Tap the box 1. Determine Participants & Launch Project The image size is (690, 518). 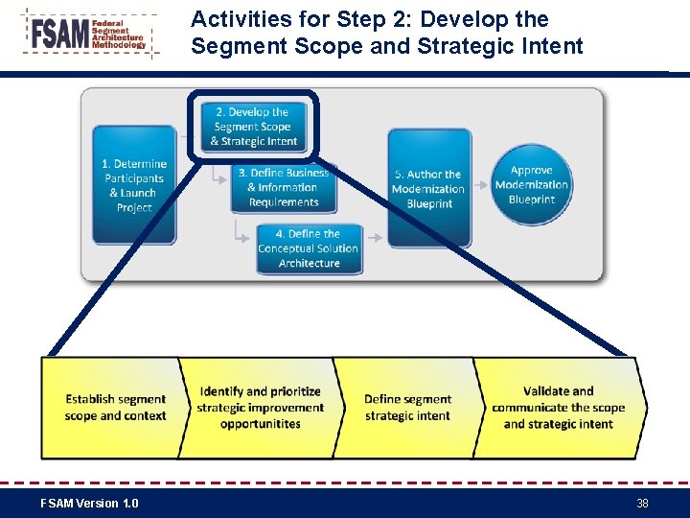[x=134, y=185]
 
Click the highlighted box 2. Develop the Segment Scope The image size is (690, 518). [x=253, y=126]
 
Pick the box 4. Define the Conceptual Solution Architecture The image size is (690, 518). [x=309, y=247]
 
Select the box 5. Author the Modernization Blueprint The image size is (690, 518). [x=427, y=188]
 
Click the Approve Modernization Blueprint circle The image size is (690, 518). [x=532, y=184]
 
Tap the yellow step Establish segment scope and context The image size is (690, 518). [x=115, y=408]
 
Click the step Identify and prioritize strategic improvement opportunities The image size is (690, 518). [x=260, y=408]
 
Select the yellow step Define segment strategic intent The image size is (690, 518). [x=407, y=408]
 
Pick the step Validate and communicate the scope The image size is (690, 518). [x=558, y=408]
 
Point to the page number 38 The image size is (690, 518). [x=642, y=503]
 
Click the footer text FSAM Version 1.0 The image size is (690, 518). [x=89, y=503]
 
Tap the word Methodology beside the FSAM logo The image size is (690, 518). [x=120, y=45]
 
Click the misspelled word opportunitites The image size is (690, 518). [x=260, y=424]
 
